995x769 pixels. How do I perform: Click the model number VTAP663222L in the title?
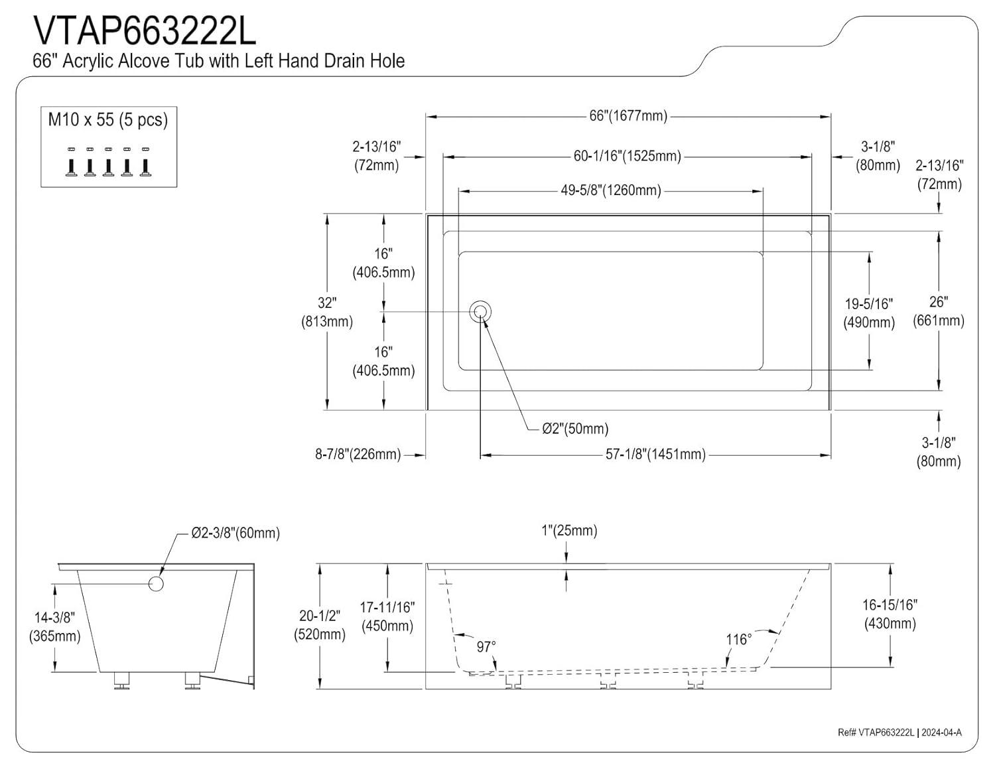[145, 31]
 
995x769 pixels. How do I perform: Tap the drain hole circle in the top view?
[480, 312]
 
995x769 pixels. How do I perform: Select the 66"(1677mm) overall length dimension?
[628, 116]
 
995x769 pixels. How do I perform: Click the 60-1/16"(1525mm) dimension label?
[628, 156]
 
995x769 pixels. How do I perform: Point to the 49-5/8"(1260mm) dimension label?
[611, 190]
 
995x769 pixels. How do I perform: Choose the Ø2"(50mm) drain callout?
[575, 429]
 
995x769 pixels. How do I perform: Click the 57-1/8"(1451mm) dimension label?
[655, 454]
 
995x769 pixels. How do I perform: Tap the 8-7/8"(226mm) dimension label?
[358, 454]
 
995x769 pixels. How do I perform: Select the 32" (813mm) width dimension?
[327, 312]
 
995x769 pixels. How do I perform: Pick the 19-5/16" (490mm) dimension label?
[869, 313]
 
